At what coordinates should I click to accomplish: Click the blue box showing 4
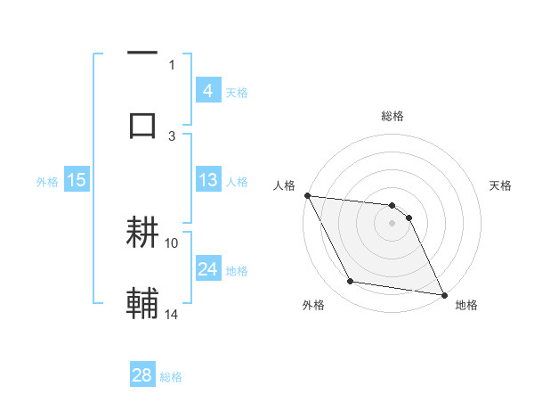(x=207, y=91)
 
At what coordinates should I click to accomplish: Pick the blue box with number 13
(x=207, y=180)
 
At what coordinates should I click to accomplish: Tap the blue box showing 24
(x=207, y=269)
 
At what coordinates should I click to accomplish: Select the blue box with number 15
(x=77, y=180)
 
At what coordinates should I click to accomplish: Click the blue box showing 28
(x=142, y=375)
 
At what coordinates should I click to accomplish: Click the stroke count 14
(x=172, y=313)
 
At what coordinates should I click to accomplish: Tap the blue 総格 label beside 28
(x=172, y=377)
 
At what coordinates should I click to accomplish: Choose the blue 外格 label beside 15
(x=47, y=181)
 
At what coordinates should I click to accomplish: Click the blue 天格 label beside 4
(x=237, y=93)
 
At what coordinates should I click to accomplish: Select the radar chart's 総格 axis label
(x=392, y=117)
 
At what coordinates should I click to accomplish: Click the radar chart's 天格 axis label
(x=500, y=185)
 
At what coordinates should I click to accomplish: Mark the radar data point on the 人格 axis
(x=307, y=195)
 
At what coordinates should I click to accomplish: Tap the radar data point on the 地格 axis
(x=443, y=293)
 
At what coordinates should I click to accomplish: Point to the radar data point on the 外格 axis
(x=351, y=282)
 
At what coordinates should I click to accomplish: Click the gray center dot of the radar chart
(x=392, y=223)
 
